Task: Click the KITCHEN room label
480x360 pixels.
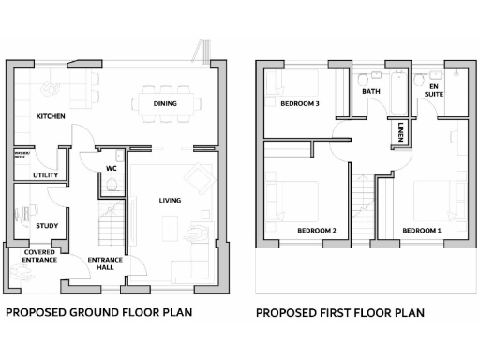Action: point(50,116)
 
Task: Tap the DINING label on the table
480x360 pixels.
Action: point(165,104)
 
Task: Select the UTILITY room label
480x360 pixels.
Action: point(44,174)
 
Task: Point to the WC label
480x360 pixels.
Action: point(111,169)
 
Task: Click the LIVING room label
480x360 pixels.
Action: point(170,201)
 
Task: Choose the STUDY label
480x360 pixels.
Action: point(46,226)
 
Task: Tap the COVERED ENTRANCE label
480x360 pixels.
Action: point(40,255)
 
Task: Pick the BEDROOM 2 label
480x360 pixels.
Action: point(316,230)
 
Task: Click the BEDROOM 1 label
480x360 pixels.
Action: point(421,230)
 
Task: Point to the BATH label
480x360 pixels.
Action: point(371,92)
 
